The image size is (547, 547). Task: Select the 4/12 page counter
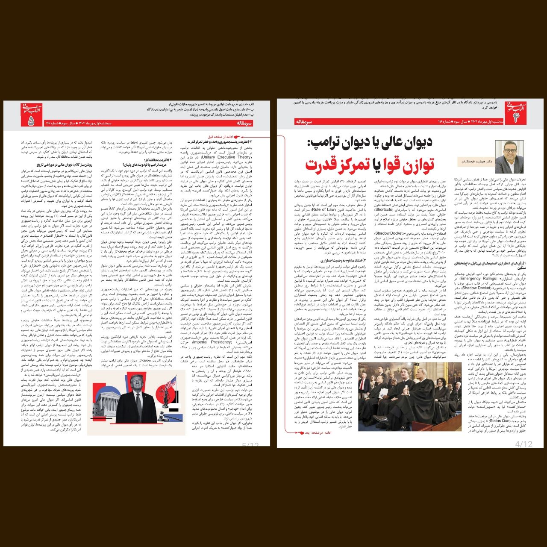(x=524, y=444)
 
